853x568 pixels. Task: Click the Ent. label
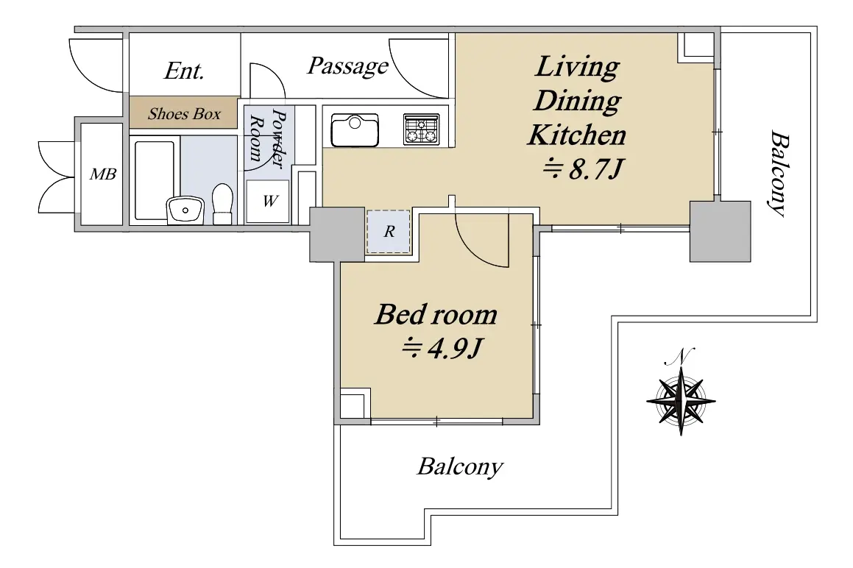click(184, 71)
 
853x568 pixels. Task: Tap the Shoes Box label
click(185, 114)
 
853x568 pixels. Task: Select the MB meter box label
click(103, 174)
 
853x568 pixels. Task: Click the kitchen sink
click(355, 130)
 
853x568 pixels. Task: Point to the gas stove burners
click(421, 129)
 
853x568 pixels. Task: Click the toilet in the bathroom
click(222, 204)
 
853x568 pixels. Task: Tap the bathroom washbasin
click(185, 210)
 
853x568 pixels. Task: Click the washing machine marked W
click(268, 202)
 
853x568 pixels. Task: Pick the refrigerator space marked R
click(389, 232)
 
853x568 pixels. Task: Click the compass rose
click(681, 400)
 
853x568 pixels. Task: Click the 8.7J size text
click(582, 170)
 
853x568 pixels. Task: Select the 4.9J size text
click(442, 348)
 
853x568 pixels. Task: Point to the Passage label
click(347, 66)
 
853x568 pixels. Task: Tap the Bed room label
click(436, 314)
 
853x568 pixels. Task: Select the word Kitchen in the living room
click(577, 135)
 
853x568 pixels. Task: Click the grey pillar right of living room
click(721, 231)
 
